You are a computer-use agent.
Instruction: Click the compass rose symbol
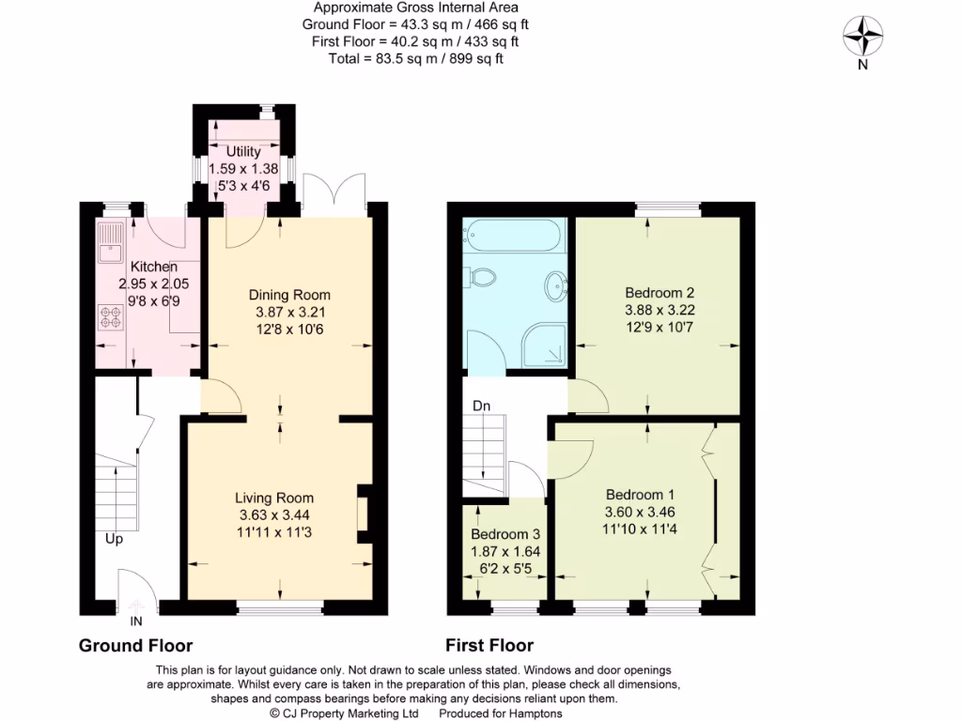click(862, 38)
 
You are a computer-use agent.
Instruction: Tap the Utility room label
click(243, 151)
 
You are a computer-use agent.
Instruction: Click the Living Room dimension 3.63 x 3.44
click(274, 514)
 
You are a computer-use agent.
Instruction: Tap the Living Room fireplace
click(363, 515)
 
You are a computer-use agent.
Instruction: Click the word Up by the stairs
click(114, 539)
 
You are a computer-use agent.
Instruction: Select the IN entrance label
click(137, 621)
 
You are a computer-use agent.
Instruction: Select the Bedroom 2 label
click(659, 293)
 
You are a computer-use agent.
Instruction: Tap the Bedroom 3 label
click(504, 535)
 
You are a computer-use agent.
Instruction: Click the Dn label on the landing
click(481, 406)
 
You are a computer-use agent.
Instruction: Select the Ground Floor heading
click(135, 646)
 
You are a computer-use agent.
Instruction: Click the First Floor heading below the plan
click(489, 646)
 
